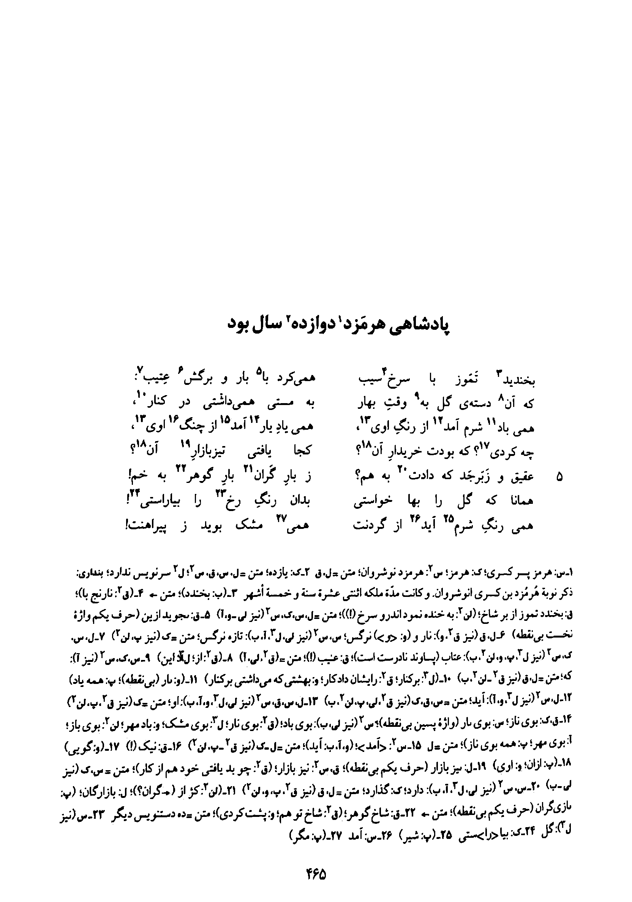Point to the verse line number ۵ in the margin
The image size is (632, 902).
coord(560,477)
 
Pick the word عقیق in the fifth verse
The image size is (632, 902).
coord(522,477)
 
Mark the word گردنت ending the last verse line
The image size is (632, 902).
coord(370,526)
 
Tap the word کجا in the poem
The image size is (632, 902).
coord(301,453)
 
